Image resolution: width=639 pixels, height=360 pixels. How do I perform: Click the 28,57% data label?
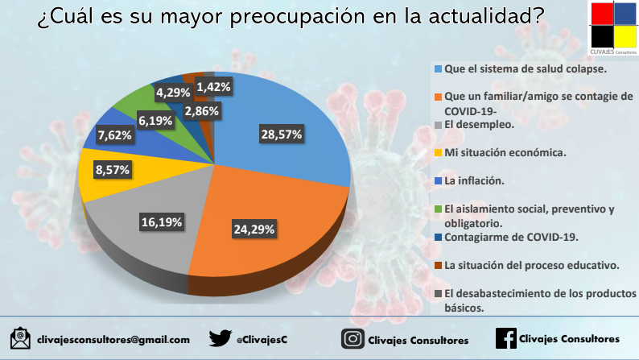[x=281, y=134]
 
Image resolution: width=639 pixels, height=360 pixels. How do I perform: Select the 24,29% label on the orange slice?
[x=254, y=229]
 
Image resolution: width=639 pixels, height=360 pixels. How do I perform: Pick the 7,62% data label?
[x=114, y=135]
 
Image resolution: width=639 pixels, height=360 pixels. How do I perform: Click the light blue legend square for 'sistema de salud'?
[x=438, y=68]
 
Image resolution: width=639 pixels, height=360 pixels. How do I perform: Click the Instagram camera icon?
[x=352, y=339]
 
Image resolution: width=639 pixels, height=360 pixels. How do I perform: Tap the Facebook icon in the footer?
[x=505, y=338]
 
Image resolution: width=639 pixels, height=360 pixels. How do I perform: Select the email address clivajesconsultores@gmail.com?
[x=113, y=340]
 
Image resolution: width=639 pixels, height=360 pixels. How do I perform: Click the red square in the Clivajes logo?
[x=602, y=14]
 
